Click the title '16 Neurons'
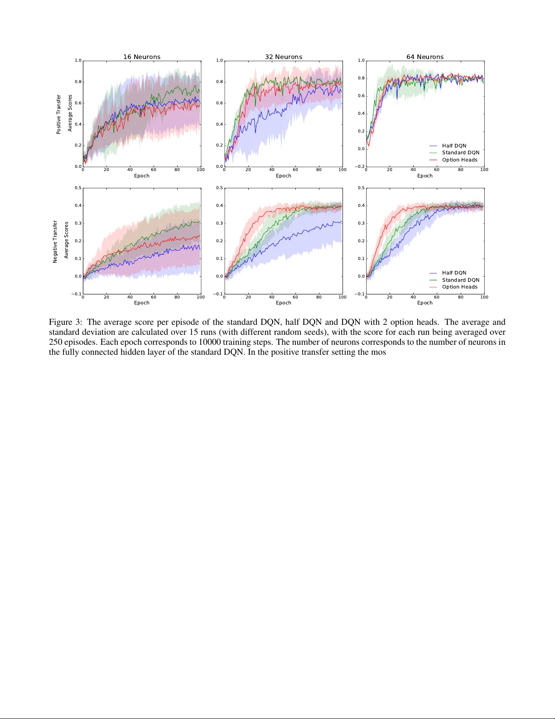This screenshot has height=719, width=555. (x=142, y=57)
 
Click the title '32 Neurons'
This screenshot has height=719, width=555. (x=284, y=57)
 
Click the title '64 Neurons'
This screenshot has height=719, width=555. (x=425, y=57)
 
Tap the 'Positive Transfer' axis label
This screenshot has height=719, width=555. (x=58, y=114)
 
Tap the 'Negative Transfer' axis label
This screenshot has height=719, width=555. (x=55, y=241)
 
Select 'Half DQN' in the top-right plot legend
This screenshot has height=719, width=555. (x=454, y=146)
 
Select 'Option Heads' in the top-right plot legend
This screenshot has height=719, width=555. (x=459, y=160)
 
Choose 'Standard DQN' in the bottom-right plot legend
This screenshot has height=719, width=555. (x=460, y=280)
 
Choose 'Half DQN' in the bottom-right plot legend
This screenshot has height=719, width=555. (x=454, y=273)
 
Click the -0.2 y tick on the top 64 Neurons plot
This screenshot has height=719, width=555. (x=360, y=166)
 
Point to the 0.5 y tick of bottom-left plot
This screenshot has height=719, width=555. (x=78, y=188)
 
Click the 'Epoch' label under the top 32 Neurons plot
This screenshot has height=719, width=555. (x=284, y=176)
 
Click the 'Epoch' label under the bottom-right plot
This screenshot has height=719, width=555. (x=425, y=303)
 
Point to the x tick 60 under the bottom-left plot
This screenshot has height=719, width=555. (x=154, y=297)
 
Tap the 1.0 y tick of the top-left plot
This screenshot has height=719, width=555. (x=78, y=60)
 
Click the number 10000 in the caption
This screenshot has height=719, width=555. (x=209, y=342)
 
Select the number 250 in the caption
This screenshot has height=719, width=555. (x=56, y=342)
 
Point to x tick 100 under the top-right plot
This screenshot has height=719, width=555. (x=484, y=170)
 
